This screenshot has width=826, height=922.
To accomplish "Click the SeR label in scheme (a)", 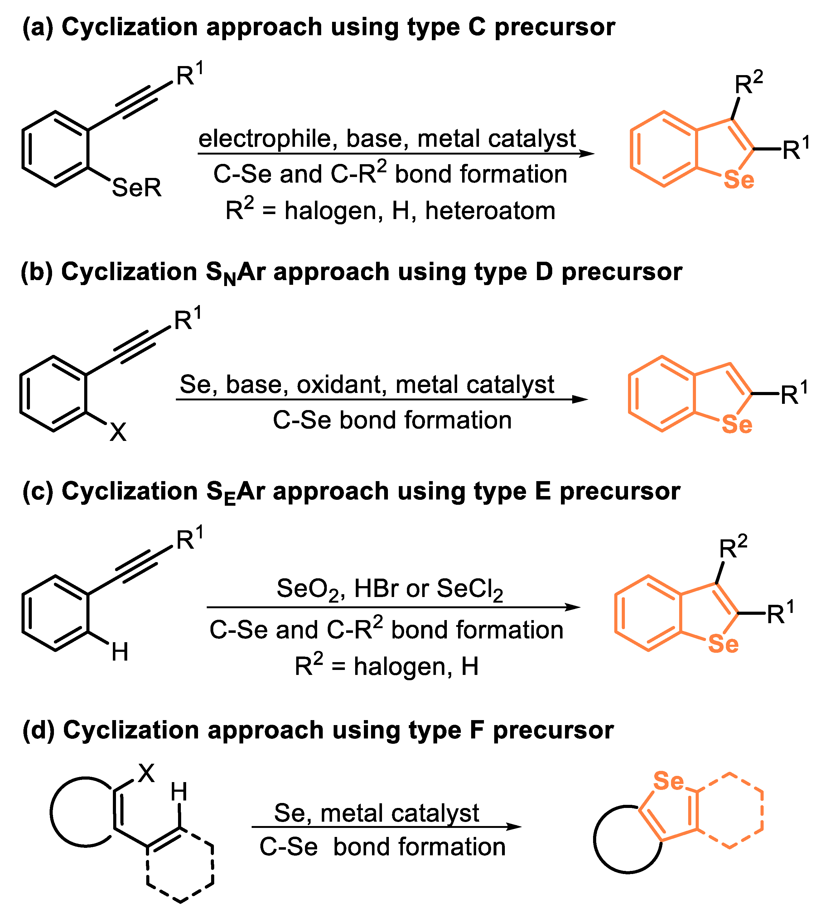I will tap(137, 187).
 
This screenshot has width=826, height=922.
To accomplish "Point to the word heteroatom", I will tap(490, 211).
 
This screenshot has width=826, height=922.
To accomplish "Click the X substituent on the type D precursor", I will tap(118, 432).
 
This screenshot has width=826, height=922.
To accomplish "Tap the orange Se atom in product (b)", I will tap(737, 424).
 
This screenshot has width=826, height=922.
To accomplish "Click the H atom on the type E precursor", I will tap(120, 652).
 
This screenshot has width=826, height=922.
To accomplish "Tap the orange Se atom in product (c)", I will tap(723, 644).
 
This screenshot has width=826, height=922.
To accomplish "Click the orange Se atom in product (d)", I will tap(668, 781).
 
